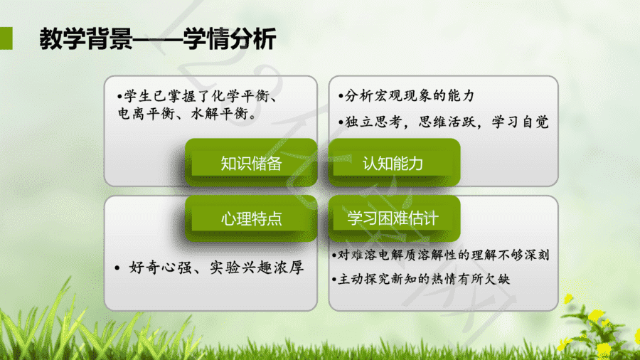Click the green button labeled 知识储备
[251, 162]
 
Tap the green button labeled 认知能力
[394, 162]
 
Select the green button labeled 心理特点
[251, 218]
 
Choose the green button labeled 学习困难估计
[394, 218]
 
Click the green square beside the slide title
[6, 38]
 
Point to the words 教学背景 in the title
[86, 39]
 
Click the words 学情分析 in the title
[230, 39]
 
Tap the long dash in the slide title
[158, 40]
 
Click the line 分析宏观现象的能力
[407, 95]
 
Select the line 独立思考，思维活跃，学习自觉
[444, 122]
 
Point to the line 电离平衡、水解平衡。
[187, 113]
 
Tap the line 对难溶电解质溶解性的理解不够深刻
[441, 255]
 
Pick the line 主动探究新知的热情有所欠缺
[421, 279]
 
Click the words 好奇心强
[160, 268]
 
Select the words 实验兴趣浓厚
[257, 268]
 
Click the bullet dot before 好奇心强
[117, 268]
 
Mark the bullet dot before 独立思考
[341, 122]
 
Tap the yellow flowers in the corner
[600, 327]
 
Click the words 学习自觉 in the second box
[521, 122]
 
